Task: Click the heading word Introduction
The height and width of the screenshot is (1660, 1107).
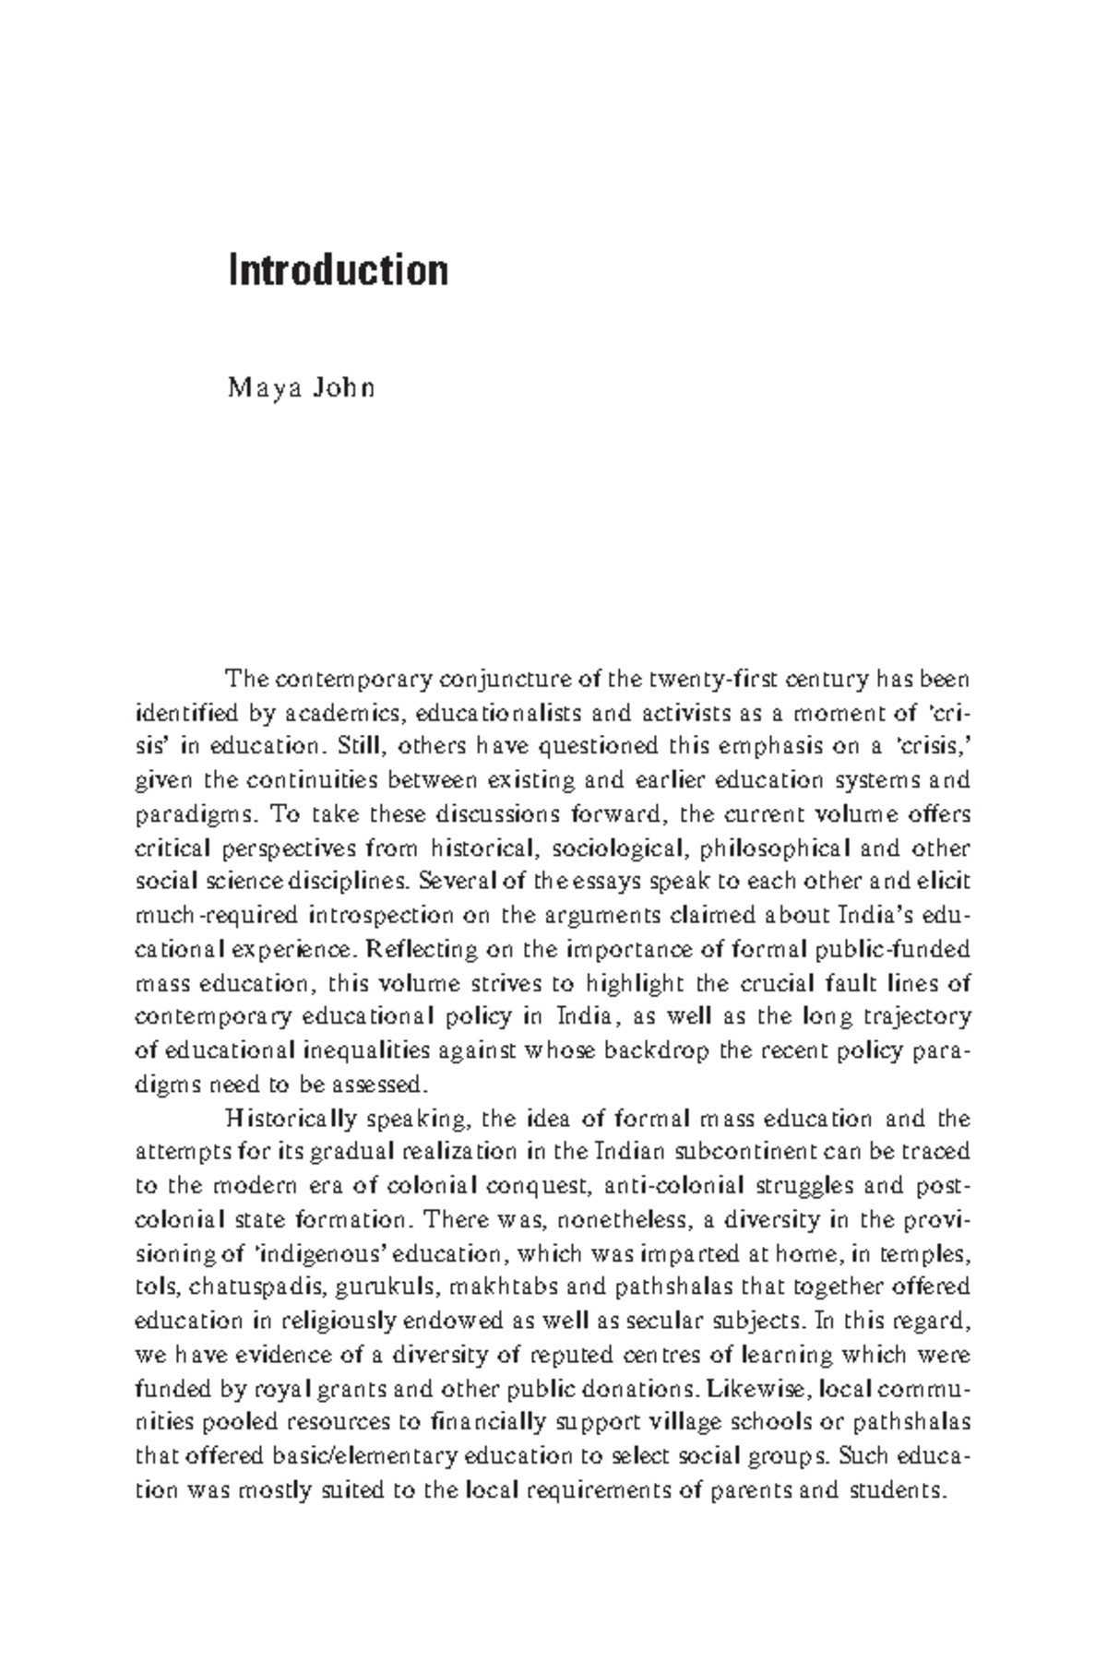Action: click(339, 271)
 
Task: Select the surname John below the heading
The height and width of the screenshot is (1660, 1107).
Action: click(342, 387)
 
